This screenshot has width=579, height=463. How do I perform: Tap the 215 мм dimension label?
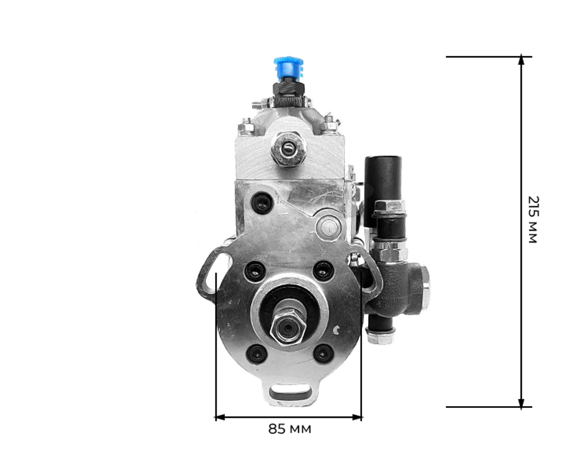pos(533,220)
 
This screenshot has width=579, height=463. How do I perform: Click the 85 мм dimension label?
pos(289,429)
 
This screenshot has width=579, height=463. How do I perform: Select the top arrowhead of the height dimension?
pos(521,60)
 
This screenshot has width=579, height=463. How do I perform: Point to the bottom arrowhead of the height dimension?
pos(521,403)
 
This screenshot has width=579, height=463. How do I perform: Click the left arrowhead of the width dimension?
pos(220,417)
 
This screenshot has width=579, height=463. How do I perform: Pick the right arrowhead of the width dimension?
pos(357,417)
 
